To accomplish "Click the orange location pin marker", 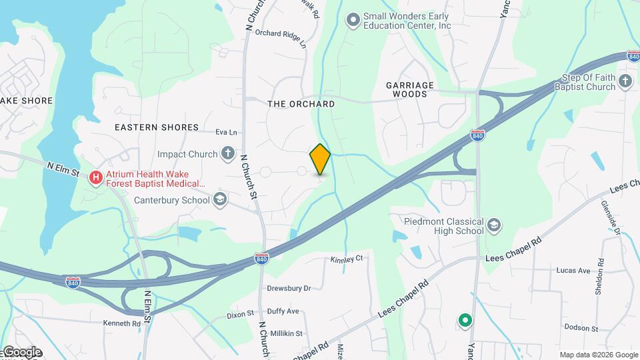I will tap(320, 159).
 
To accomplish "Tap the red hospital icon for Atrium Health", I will tap(96, 178).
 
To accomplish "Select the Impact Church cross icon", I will tap(227, 154).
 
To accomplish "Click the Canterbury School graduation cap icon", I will tap(219, 199).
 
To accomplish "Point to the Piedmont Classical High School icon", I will tap(493, 225).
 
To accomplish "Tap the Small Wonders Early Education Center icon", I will tap(353, 20).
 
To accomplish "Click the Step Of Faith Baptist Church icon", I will tap(625, 81).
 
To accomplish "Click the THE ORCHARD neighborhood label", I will tap(301, 104).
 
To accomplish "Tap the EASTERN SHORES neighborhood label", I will tap(157, 127).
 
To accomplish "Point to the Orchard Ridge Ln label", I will tap(280, 39).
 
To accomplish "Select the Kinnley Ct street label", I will tap(347, 259).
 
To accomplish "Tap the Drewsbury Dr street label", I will tap(289, 289).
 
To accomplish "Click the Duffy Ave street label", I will tap(283, 311).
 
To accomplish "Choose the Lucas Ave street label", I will tap(574, 271).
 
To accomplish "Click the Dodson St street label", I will tap(581, 327).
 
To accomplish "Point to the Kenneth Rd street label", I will tap(121, 323).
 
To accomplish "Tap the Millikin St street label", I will tap(285, 333).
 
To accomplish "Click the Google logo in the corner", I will tap(21, 352).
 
